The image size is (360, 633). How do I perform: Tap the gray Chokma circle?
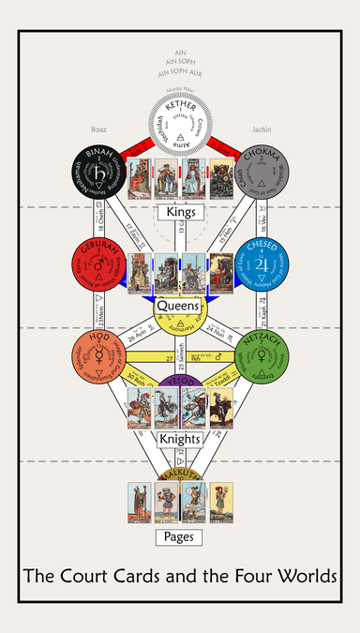(x=263, y=175)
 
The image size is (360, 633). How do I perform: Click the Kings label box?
(x=180, y=212)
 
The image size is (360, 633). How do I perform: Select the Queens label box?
(x=180, y=305)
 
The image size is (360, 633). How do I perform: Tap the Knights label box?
(x=180, y=439)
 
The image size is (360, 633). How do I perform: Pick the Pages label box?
(x=180, y=537)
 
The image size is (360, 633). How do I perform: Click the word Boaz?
(x=99, y=128)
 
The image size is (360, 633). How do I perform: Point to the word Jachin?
(x=262, y=128)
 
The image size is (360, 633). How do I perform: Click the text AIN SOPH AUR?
(x=180, y=71)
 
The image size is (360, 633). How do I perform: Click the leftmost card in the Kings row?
(x=139, y=178)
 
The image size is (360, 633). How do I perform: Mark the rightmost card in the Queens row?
(x=221, y=273)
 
